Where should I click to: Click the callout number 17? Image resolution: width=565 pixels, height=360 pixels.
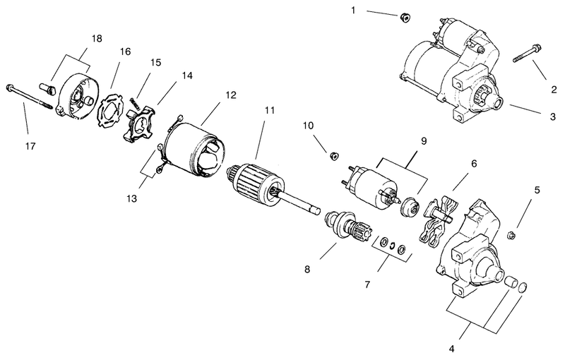click(x=30, y=146)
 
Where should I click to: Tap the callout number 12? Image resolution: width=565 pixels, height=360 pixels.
click(x=231, y=95)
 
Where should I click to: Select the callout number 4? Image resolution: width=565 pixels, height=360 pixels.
click(x=452, y=349)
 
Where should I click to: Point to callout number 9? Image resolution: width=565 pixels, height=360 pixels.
click(x=424, y=141)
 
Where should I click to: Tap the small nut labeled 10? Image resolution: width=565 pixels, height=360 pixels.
click(x=334, y=156)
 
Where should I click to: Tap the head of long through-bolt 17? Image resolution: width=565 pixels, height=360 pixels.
click(x=10, y=87)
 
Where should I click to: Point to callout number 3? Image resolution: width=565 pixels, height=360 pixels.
click(x=553, y=116)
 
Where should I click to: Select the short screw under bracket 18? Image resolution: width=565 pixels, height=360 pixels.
click(x=47, y=88)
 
